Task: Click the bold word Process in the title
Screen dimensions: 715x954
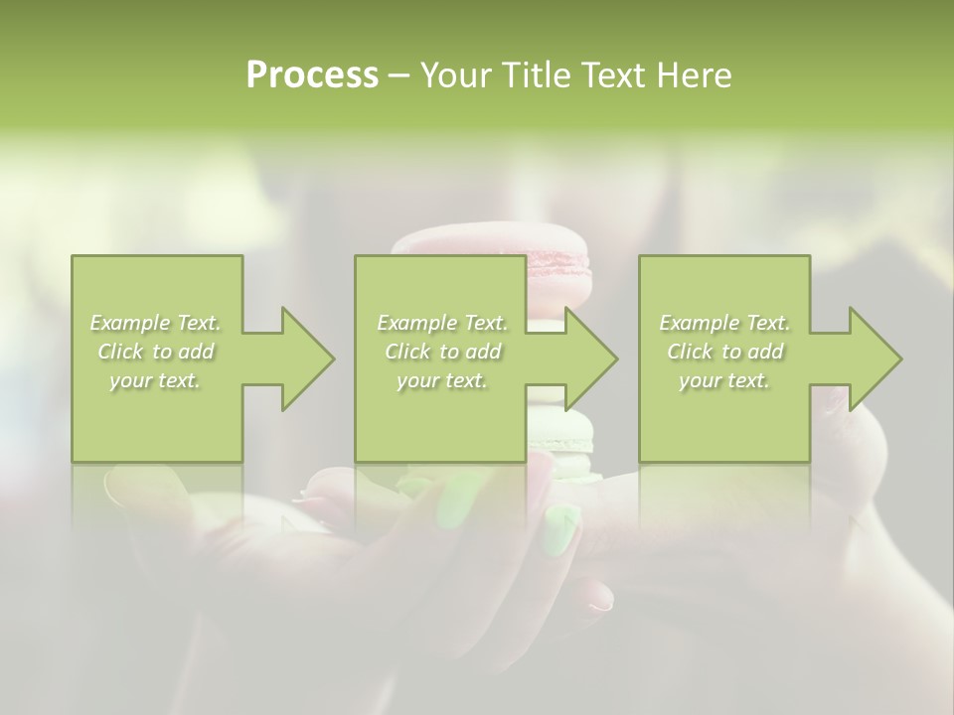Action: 312,75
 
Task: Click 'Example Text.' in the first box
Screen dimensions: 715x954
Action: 155,323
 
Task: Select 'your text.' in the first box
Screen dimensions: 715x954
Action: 155,380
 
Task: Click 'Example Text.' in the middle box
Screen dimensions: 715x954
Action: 441,323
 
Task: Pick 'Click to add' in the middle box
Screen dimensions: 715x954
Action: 441,352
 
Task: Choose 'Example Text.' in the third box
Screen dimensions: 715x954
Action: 724,323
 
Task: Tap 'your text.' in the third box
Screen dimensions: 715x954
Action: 724,380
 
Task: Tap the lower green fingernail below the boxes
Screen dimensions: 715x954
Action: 560,528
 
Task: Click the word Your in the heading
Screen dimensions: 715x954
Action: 456,75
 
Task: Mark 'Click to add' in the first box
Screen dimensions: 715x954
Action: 155,352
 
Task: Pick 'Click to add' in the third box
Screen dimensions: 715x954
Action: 724,352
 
